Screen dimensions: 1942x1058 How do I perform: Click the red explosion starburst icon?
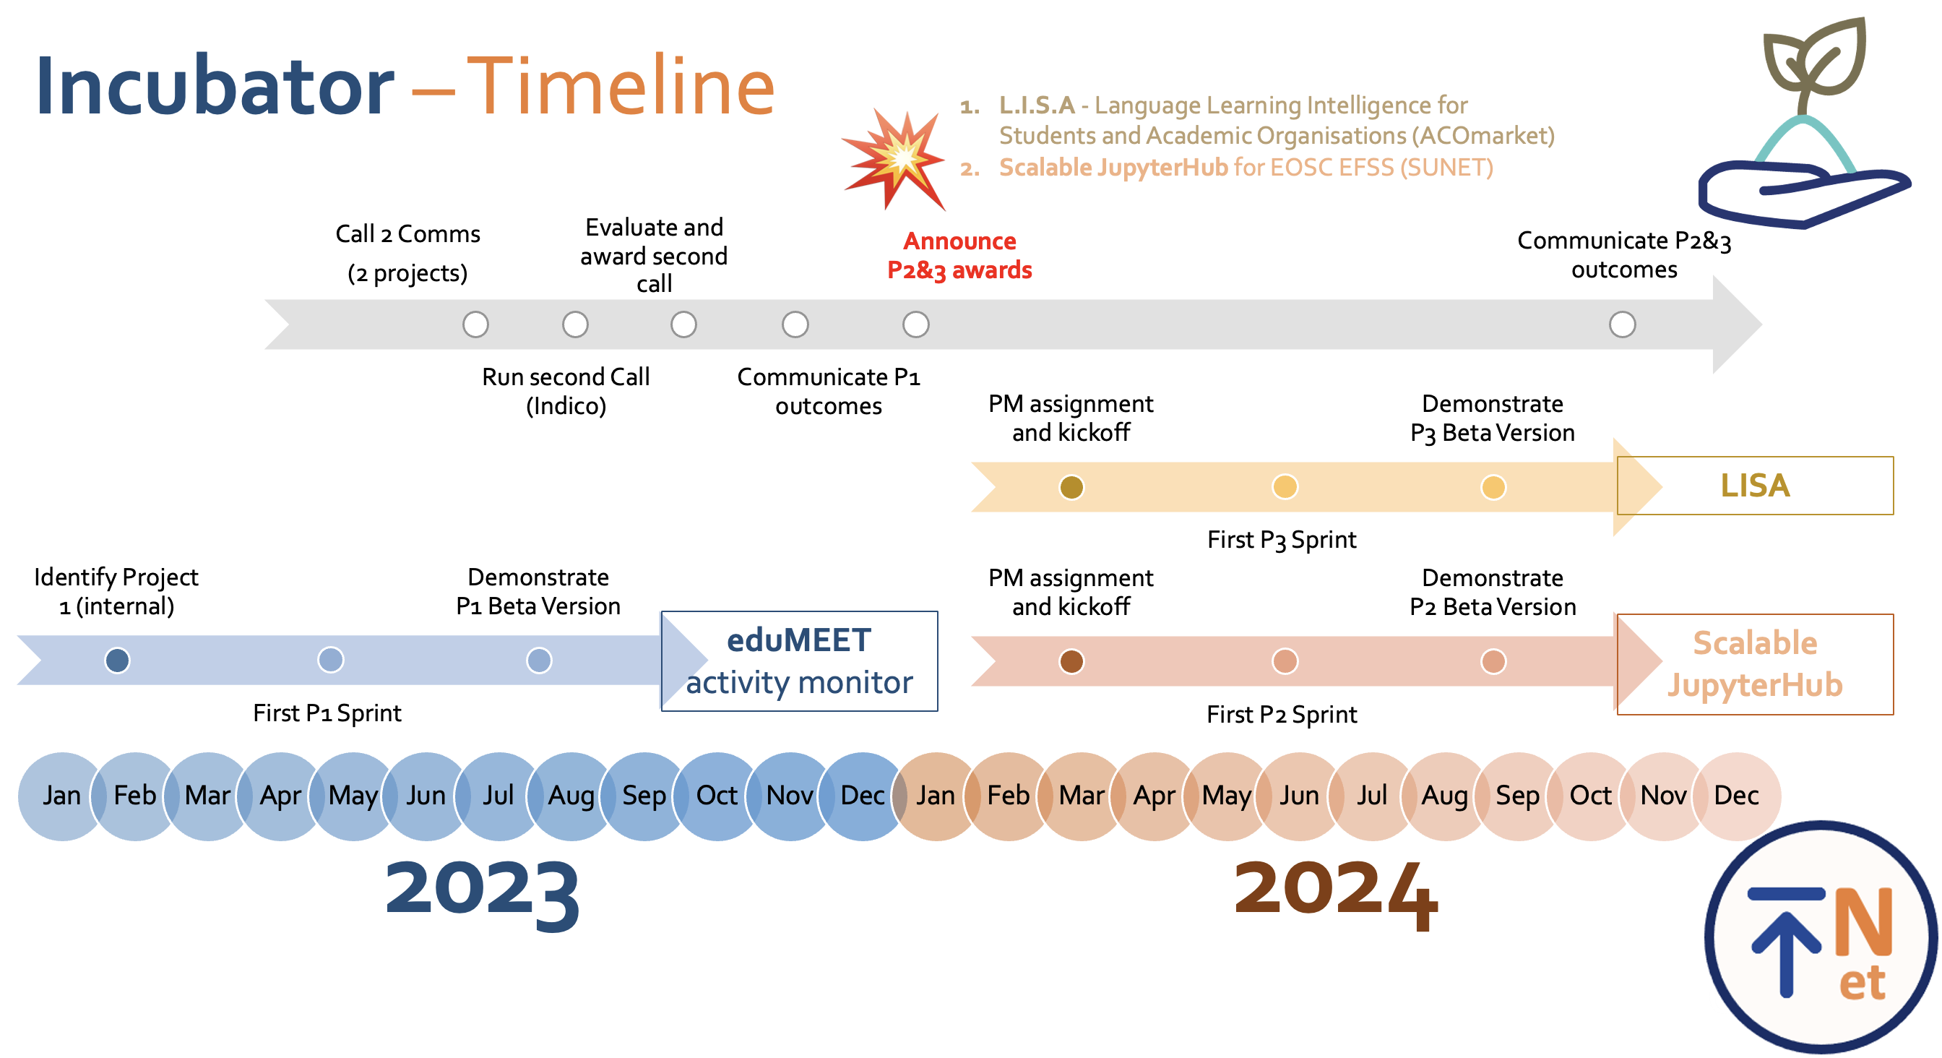tap(894, 158)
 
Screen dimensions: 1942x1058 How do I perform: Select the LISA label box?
tap(1755, 486)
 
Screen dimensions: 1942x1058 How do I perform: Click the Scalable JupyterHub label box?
tap(1755, 664)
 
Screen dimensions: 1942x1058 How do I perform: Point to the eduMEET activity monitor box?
tap(799, 661)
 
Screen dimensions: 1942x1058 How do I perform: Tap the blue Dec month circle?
tap(863, 796)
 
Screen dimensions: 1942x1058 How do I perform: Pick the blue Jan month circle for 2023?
tap(62, 796)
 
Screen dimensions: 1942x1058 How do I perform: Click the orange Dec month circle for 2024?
tap(1737, 796)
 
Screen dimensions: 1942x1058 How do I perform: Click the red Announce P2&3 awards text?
tap(959, 256)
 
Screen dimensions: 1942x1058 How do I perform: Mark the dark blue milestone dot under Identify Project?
tap(117, 661)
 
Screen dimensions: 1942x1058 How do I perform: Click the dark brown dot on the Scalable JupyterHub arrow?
tap(1071, 661)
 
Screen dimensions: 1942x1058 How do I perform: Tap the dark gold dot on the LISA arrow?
tap(1071, 487)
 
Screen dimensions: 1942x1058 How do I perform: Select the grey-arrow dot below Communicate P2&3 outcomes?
tap(1623, 325)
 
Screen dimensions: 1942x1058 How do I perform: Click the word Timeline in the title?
tap(621, 87)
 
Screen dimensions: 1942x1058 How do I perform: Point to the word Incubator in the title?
tap(215, 87)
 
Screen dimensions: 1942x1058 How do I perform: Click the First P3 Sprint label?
tap(1282, 540)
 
